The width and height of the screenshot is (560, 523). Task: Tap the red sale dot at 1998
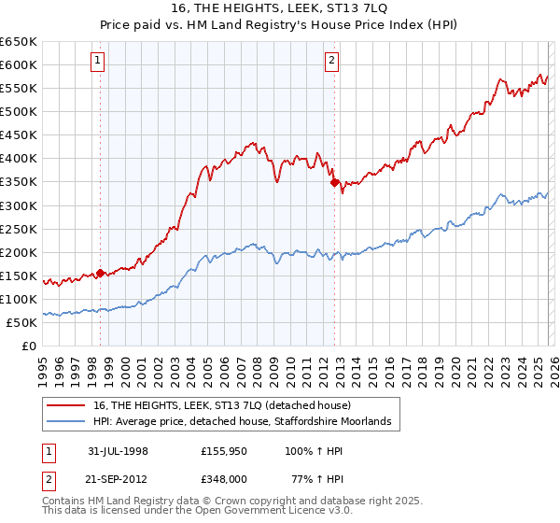[x=100, y=274]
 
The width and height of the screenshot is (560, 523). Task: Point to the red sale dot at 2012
[x=333, y=183]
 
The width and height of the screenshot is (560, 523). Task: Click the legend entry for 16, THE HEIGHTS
[x=215, y=405]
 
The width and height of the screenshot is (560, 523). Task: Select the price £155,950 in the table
[x=222, y=450]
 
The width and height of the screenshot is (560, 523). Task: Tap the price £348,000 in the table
[x=222, y=478]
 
